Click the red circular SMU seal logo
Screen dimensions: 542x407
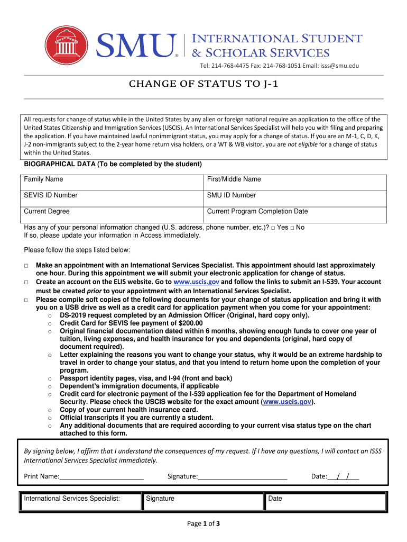pos(67,48)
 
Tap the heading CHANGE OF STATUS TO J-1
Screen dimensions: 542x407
pos(203,84)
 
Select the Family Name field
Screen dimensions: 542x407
pos(112,179)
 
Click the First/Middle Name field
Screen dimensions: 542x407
pos(295,179)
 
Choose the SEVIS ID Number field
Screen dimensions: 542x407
pos(112,195)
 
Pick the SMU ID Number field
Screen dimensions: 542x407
pos(295,195)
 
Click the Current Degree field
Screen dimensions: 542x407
pos(112,211)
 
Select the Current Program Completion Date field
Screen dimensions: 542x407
pos(295,211)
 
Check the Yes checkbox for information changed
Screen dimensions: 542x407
pos(273,228)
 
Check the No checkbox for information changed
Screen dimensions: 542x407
pos(292,228)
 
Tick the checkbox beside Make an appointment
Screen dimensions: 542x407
pos(26,265)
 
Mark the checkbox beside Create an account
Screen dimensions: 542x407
pos(26,282)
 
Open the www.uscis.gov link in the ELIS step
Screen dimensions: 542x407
pos(196,282)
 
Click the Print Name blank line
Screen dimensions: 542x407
pos(102,477)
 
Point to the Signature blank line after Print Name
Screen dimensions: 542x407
pos(243,477)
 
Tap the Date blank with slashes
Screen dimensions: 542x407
pos(344,477)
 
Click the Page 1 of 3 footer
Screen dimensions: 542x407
pos(203,524)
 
